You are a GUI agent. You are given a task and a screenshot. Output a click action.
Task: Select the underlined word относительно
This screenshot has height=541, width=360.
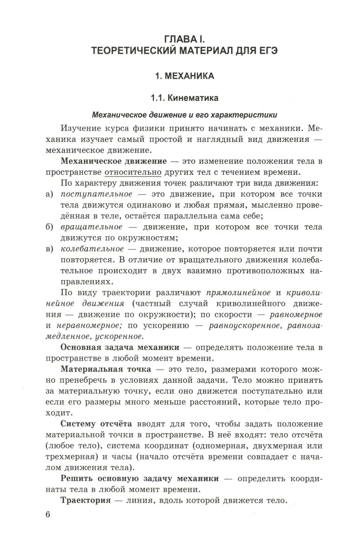[133, 172]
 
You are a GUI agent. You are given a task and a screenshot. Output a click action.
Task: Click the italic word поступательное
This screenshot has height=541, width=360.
[97, 194]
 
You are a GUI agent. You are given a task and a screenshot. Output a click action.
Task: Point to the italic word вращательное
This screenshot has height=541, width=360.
[91, 227]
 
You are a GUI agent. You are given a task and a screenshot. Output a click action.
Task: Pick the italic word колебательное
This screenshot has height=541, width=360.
[93, 249]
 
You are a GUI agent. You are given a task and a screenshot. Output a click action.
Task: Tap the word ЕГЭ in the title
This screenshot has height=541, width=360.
[267, 50]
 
